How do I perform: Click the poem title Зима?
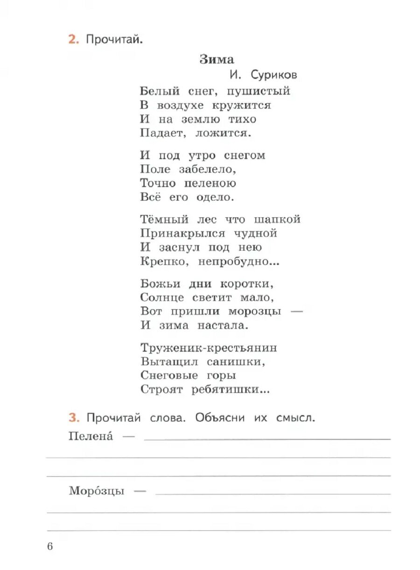coord(217,59)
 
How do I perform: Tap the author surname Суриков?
coord(273,75)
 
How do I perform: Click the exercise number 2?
coord(72,40)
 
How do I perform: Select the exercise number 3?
coord(72,417)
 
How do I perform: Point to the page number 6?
coord(50,546)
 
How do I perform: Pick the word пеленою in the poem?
coord(208,183)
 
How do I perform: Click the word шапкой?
coord(277,219)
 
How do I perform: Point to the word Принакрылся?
coord(182,234)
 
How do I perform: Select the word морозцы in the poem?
coord(255,311)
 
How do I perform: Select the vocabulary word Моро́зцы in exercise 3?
coord(96,491)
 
